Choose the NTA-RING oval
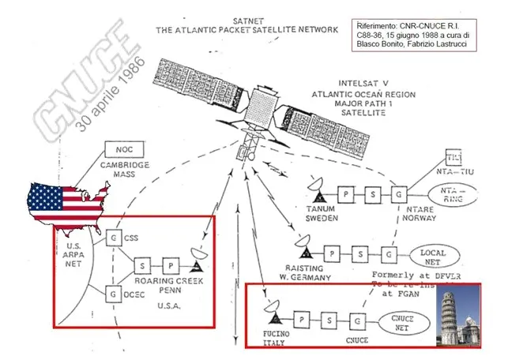pyautogui.click(x=453, y=193)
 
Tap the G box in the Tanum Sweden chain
pyautogui.click(x=400, y=193)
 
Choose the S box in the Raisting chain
pyautogui.click(x=360, y=253)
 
